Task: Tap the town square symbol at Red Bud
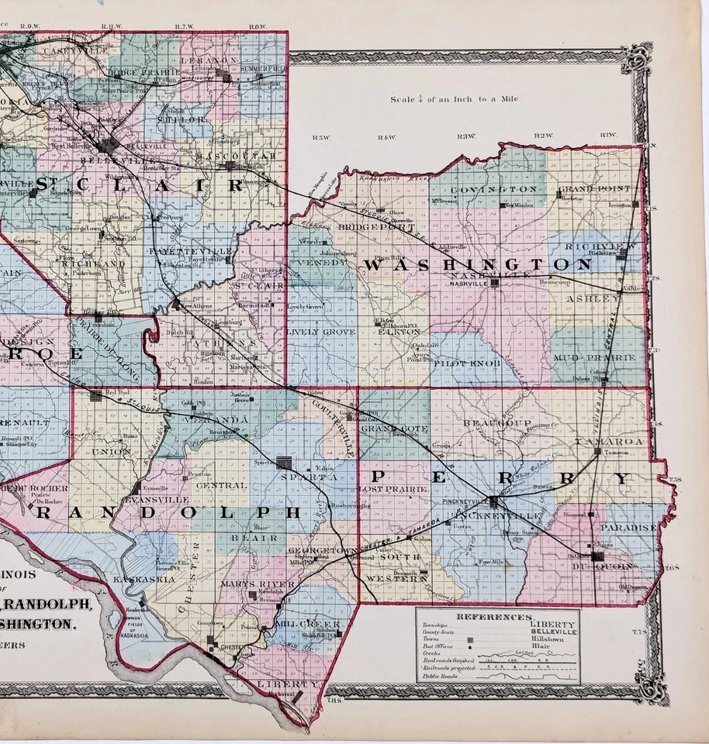pyautogui.click(x=96, y=395)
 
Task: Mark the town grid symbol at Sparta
pyautogui.click(x=284, y=463)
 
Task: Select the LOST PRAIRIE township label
pyautogui.click(x=393, y=490)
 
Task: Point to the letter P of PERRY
pyautogui.click(x=380, y=475)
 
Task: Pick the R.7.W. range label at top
pyautogui.click(x=183, y=27)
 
